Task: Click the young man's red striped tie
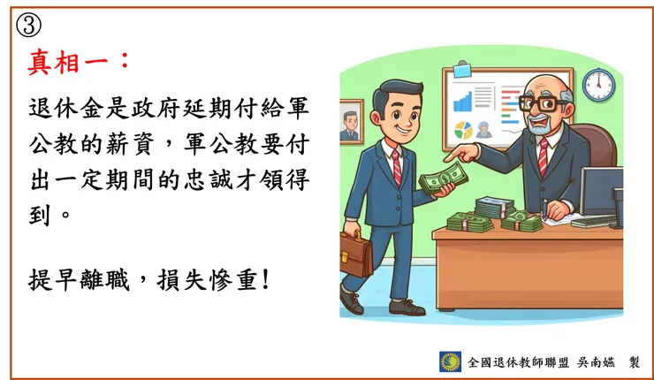[397, 166]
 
